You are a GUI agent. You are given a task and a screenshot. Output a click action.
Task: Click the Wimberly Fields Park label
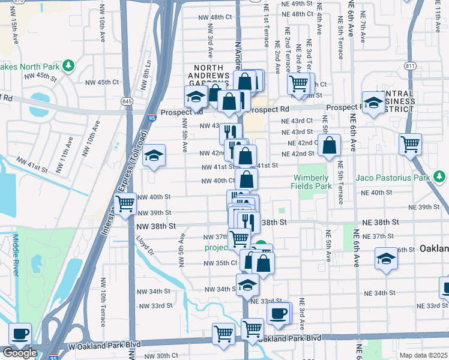pos(312,182)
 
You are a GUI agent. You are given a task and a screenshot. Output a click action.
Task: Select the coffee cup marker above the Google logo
pos(19,333)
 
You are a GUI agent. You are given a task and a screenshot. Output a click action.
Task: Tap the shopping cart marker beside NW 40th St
pos(125,204)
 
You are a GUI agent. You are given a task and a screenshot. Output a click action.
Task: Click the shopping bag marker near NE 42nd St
pos(330,145)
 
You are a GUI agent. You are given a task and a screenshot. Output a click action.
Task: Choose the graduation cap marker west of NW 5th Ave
pos(154,156)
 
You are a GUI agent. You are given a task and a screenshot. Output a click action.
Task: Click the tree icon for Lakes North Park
pos(69,65)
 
